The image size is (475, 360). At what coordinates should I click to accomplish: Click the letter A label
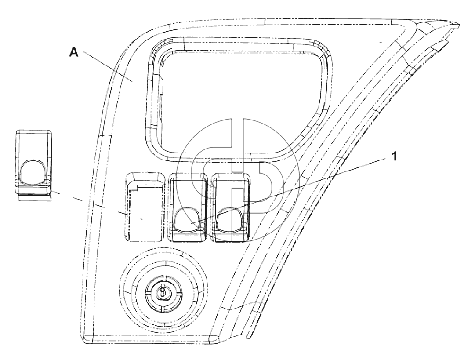[74, 52]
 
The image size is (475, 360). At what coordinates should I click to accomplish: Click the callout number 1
[394, 156]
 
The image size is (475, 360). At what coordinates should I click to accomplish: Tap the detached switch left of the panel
[34, 165]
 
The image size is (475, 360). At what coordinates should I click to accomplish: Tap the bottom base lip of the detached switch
[34, 197]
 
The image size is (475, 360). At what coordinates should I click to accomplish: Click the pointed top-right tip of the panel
[460, 24]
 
